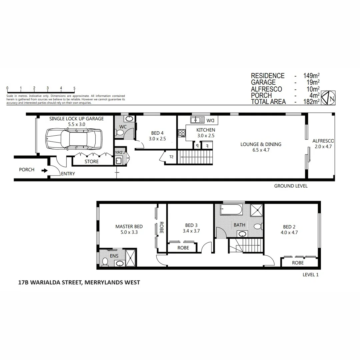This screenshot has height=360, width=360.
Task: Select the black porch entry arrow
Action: [44, 171]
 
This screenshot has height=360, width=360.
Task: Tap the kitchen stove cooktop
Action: [182, 133]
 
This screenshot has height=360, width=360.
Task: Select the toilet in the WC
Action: [120, 132]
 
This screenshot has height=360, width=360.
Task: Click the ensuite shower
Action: [131, 258]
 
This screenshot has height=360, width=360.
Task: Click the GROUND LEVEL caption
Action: [291, 186]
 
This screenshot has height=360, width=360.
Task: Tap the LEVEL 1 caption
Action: [311, 275]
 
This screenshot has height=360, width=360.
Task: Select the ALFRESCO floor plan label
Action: [323, 141]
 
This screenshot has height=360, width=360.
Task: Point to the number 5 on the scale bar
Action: [74, 88]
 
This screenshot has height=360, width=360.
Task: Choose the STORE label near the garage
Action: [92, 162]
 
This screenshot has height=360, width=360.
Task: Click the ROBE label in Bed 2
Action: [298, 263]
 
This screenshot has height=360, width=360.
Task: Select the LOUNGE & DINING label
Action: [261, 144]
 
